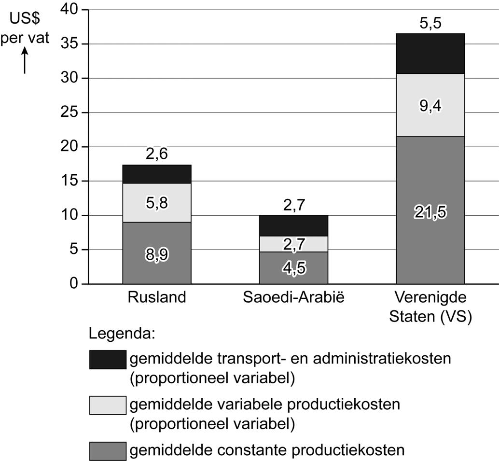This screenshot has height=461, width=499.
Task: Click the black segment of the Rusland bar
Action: (x=157, y=174)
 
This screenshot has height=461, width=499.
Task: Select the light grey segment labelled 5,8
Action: (x=157, y=203)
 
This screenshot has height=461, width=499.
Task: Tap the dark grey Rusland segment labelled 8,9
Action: (x=157, y=253)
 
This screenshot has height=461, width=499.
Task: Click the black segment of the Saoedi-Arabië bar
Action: (x=293, y=225)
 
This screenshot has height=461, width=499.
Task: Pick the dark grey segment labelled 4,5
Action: (x=293, y=267)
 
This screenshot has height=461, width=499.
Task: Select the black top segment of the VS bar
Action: (x=430, y=53)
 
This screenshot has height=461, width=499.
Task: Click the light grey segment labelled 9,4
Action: (x=430, y=105)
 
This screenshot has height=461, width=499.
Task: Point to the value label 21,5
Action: (x=430, y=211)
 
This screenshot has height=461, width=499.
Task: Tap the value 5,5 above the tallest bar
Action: (x=430, y=23)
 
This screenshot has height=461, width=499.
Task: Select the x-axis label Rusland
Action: (x=157, y=297)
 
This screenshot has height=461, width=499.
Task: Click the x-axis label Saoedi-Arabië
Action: (x=293, y=297)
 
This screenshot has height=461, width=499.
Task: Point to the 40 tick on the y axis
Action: (x=71, y=10)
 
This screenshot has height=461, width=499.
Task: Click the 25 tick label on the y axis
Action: (x=71, y=112)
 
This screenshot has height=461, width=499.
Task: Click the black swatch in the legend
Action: (x=108, y=360)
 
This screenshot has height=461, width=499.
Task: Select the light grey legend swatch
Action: (x=108, y=405)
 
